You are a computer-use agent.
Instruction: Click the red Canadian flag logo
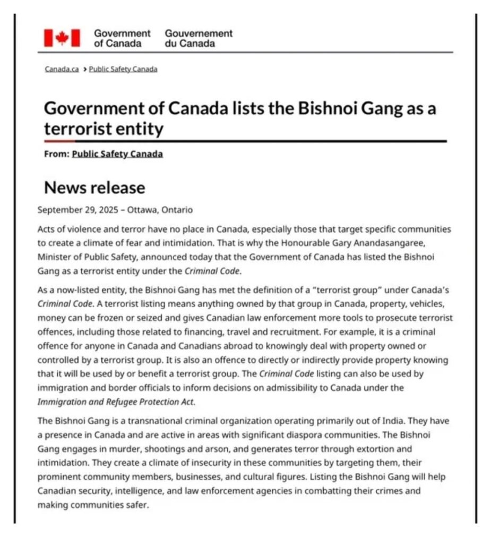62,38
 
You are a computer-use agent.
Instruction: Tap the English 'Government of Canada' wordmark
122,38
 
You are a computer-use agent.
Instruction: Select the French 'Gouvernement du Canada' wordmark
199,38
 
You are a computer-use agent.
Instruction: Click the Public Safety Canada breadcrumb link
123,69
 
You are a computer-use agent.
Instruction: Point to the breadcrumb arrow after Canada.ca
84,69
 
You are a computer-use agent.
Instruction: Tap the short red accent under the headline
59,141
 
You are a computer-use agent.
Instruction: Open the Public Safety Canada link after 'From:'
117,154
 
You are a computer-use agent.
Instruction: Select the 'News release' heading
94,188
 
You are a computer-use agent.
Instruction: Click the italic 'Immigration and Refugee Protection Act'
115,401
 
